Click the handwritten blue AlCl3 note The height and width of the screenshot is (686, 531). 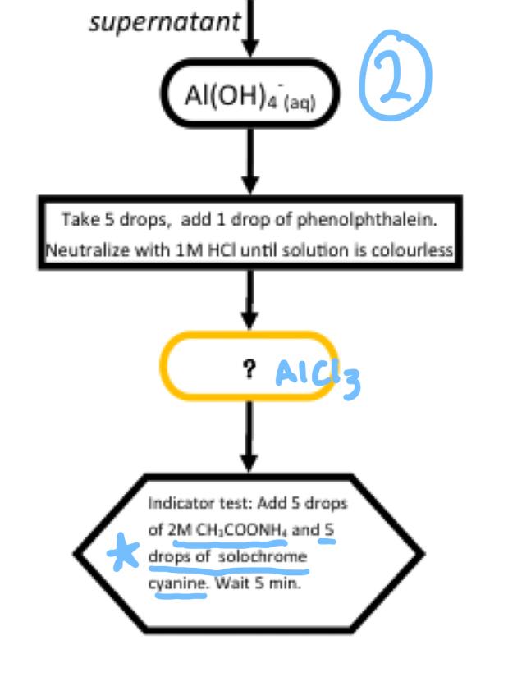[317, 375]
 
